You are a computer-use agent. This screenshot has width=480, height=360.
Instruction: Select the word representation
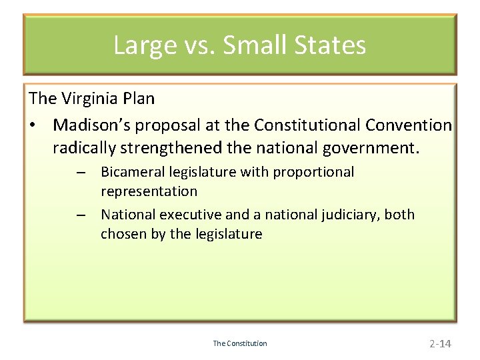149,191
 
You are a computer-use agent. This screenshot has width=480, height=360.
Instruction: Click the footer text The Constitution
239,343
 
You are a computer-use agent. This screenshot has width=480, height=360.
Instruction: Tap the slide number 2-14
440,343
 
